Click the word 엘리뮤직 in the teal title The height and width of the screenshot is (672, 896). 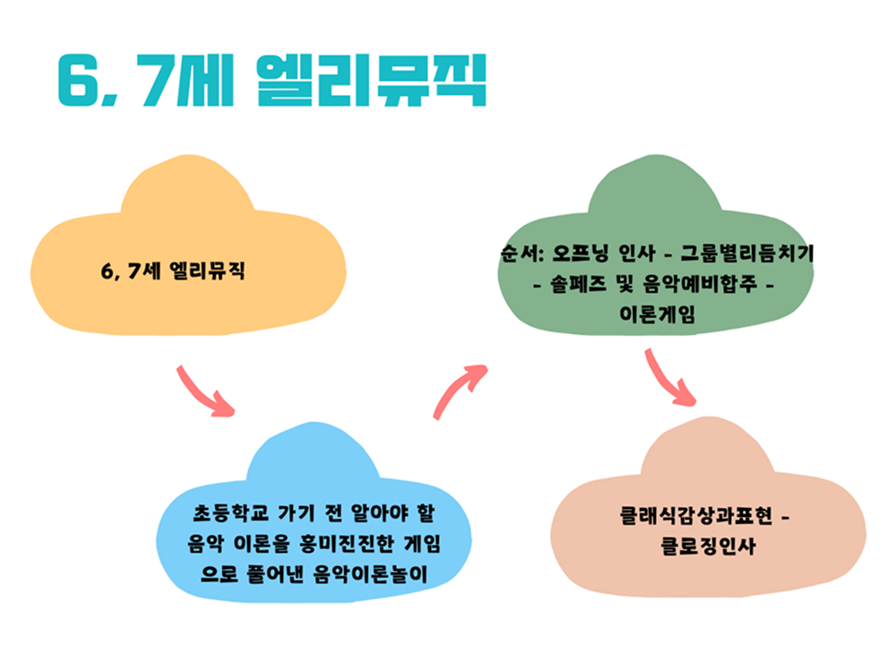point(371,80)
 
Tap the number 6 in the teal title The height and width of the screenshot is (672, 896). point(79,80)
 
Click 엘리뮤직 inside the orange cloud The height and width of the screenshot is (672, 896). point(208,271)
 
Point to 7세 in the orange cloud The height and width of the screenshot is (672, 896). point(144,271)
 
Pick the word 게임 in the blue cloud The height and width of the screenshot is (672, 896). point(422,543)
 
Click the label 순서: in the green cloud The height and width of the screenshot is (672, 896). point(521,253)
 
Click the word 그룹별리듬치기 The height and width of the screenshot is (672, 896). point(747,253)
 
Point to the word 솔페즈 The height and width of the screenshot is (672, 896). point(578,283)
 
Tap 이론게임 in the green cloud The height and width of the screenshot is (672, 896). point(657,314)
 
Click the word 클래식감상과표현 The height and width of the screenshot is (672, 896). point(696,516)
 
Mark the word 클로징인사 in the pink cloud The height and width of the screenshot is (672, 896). point(709,547)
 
